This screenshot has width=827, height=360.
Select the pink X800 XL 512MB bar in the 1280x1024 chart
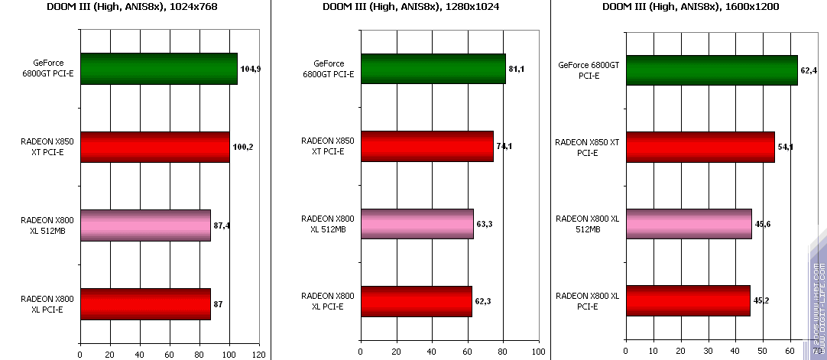click(417, 224)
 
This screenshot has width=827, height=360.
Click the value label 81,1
click(517, 69)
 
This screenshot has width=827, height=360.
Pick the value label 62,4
click(809, 70)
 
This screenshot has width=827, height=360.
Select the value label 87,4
click(222, 225)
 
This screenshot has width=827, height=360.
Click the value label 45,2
click(761, 300)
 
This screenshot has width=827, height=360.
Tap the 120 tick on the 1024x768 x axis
click(259, 354)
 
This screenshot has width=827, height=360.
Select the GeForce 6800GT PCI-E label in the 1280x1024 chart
click(329, 69)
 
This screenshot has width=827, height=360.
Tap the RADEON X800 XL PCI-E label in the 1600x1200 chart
click(588, 301)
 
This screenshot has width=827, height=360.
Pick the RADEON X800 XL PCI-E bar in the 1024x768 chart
click(145, 303)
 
